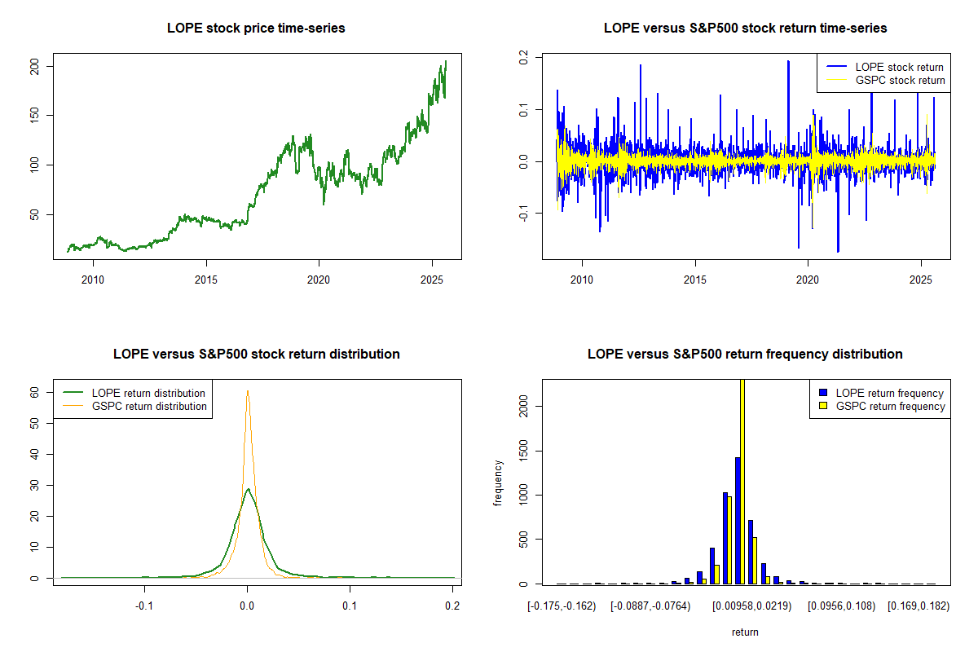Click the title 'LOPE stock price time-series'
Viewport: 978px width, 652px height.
coord(256,29)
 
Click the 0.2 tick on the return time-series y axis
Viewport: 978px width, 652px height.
coord(524,56)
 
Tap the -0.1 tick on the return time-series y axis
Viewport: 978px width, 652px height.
coord(524,213)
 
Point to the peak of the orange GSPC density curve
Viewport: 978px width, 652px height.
coord(247,391)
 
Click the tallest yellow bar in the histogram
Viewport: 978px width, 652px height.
coord(742,481)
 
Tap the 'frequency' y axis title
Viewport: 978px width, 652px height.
coord(498,483)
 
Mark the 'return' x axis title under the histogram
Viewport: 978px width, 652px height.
coord(745,632)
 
